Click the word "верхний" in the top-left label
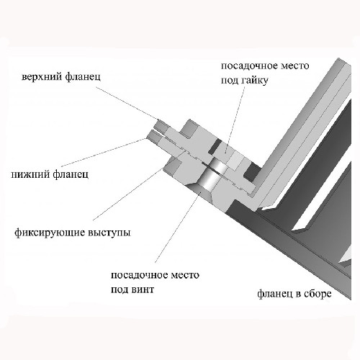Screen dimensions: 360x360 pyautogui.click(x=41, y=78)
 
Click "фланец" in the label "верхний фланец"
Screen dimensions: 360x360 pyautogui.click(x=83, y=78)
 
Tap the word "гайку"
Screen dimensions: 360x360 pyautogui.click(x=254, y=81)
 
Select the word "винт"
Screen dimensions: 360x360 pyautogui.click(x=143, y=289)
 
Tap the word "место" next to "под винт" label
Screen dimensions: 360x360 pyautogui.click(x=185, y=275)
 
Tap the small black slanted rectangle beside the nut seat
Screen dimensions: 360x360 pyautogui.click(x=214, y=146)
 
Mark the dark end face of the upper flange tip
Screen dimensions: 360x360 pyautogui.click(x=161, y=125)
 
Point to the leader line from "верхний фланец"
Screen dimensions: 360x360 pyautogui.click(x=127, y=103)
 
